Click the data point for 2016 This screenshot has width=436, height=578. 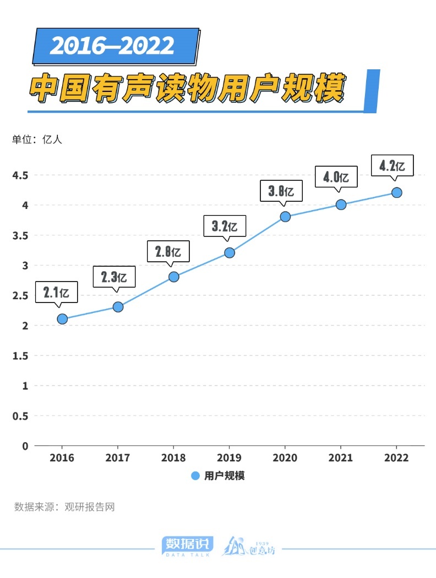pos(62,319)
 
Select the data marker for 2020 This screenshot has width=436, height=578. pos(285,217)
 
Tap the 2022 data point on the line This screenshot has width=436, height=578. pos(396,192)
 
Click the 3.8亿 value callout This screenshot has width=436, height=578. pos(280,191)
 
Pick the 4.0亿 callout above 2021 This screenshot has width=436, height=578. pos(336,177)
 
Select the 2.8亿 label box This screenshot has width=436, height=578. pos(168,252)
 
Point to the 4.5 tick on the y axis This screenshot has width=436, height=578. pos(20,175)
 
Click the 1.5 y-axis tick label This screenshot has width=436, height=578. pos(20,356)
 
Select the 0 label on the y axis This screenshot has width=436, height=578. pos(25,446)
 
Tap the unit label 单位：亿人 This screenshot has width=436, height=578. pos(38,139)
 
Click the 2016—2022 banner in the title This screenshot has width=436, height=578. pos(112,46)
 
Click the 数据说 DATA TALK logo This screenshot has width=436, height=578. pos(187,546)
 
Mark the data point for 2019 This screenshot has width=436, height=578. pos(230,253)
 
